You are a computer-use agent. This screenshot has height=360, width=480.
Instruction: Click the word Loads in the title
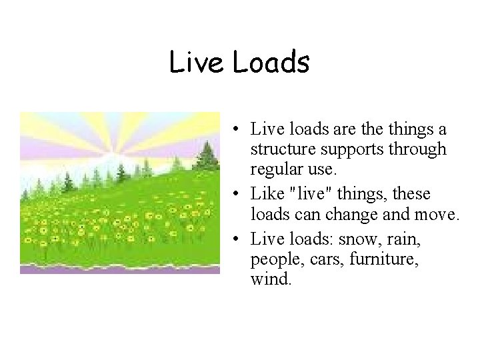[x=271, y=62]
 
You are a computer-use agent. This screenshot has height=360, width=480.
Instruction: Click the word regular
[x=274, y=171]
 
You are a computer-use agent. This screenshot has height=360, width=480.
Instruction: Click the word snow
[x=358, y=238]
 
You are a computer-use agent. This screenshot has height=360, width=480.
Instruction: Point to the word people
[x=273, y=259]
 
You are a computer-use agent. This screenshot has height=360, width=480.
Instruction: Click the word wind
[x=271, y=279]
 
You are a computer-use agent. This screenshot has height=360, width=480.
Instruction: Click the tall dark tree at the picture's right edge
[x=207, y=156]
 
